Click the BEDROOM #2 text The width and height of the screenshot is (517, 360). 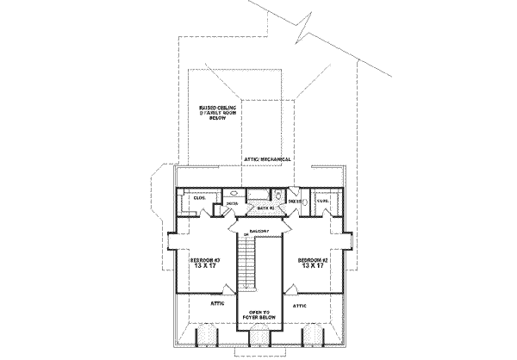315,259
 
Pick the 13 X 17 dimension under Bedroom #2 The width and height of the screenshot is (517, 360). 315,267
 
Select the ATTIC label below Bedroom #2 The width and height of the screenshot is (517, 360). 302,305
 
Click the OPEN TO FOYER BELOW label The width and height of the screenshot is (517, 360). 260,316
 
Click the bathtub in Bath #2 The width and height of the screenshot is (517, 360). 258,196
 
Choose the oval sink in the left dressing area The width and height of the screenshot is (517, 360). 234,194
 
